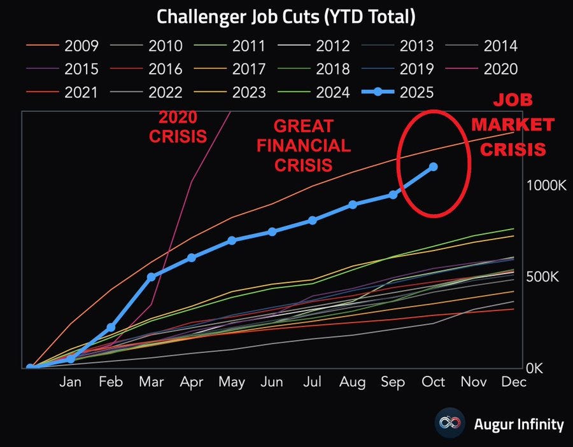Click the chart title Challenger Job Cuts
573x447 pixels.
point(286,17)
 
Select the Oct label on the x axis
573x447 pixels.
point(434,382)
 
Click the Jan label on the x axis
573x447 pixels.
point(70,382)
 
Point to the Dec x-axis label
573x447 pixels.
point(514,382)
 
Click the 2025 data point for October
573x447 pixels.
point(433,167)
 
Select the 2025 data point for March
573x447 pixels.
point(151,277)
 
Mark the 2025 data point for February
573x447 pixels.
point(111,327)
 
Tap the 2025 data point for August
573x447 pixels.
point(352,205)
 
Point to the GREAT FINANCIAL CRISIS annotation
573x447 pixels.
point(302,146)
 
